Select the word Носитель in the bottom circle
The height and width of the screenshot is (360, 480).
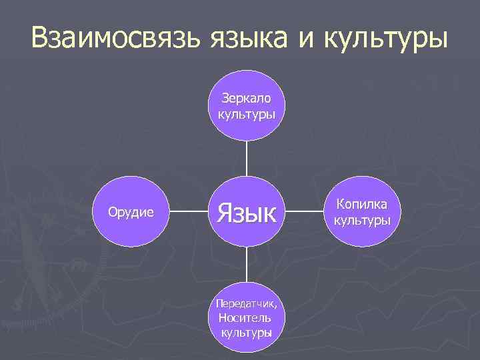(246, 318)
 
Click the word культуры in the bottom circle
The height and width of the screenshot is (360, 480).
(246, 332)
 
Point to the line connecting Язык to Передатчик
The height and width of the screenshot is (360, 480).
(246, 264)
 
